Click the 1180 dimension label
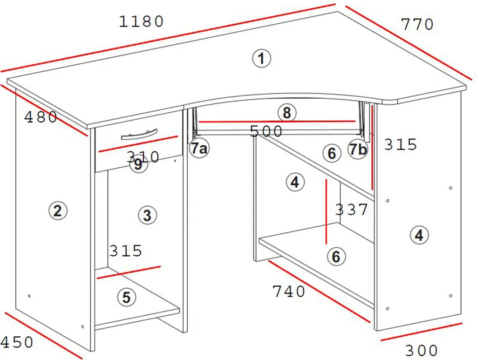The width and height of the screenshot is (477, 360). [141, 21]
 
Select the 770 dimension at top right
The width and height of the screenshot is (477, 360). [417, 24]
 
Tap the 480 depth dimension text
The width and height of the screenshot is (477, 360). [41, 117]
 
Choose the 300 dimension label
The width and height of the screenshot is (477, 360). [421, 351]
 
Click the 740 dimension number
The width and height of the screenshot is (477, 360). [289, 292]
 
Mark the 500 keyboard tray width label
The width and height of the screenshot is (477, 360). [266, 131]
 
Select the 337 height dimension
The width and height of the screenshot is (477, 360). [352, 210]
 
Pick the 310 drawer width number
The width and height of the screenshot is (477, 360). [143, 157]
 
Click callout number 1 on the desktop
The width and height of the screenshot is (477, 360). [262, 58]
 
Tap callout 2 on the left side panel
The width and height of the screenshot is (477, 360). [58, 211]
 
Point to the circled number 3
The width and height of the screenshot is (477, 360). [148, 215]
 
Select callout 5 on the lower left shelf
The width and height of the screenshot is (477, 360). [127, 297]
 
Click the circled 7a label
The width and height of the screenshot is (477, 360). [199, 149]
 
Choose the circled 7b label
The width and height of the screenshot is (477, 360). [358, 149]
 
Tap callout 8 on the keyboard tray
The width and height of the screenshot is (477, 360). [287, 113]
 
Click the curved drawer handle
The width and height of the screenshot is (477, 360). [139, 134]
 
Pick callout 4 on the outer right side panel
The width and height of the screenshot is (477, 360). [419, 235]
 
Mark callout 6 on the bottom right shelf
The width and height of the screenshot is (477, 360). [336, 256]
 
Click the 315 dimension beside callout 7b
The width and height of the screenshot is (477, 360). [400, 144]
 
